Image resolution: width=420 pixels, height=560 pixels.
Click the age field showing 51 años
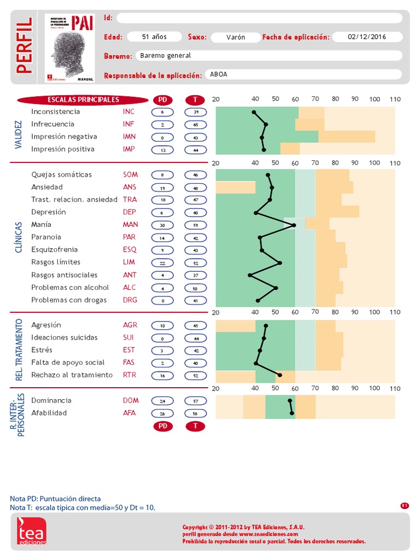click(154, 37)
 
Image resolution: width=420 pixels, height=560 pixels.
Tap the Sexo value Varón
click(235, 37)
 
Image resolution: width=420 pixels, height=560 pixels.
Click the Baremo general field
click(268, 56)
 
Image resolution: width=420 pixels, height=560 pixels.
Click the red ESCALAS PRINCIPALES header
click(83, 100)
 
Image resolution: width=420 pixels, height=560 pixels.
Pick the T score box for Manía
click(195, 225)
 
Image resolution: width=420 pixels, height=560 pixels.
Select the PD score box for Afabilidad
click(162, 413)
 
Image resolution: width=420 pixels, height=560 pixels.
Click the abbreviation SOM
click(130, 175)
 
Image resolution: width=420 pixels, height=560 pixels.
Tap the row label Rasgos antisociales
click(65, 275)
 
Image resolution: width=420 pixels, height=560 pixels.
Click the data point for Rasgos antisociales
click(250, 275)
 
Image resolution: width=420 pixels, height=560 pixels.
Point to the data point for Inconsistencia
click(254, 112)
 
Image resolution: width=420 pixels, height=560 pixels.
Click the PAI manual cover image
click(69, 49)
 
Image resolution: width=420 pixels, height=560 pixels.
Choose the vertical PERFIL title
click(24, 46)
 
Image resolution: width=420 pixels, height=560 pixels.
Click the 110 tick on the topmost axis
click(395, 100)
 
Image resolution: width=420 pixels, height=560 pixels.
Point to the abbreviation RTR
click(130, 375)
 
